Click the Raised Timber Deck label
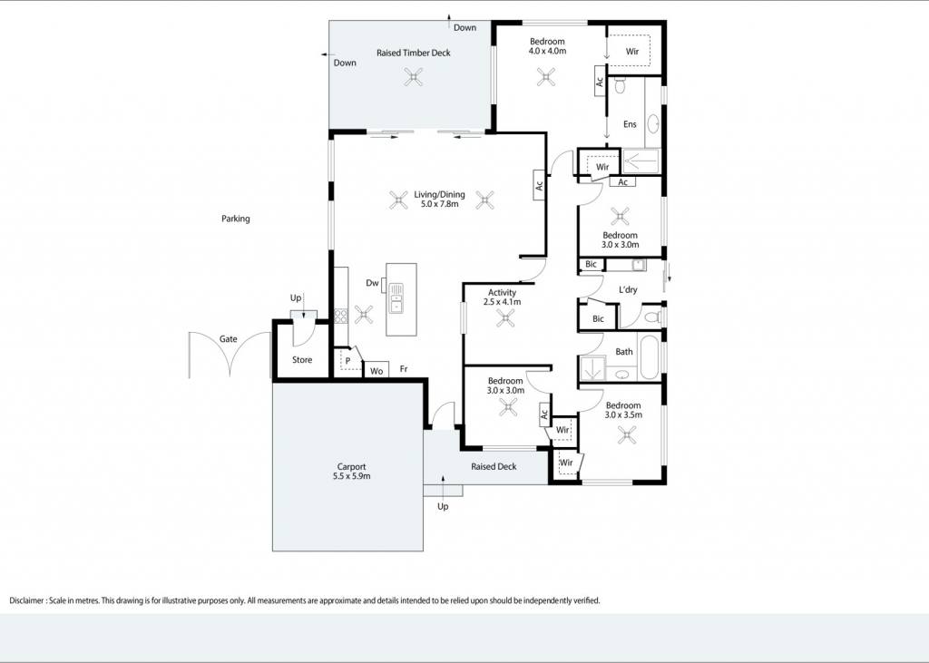coord(414,53)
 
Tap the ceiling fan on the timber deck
coord(414,77)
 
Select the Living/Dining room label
coord(439,194)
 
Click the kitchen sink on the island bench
coord(396,298)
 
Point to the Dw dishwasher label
coord(372,283)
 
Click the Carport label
coord(351,466)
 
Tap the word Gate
coord(228,339)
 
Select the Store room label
coord(302,360)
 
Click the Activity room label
coord(502,292)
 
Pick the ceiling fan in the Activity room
coord(505,318)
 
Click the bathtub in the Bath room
coord(650,358)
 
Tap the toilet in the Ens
coord(620,86)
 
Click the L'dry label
coord(628,289)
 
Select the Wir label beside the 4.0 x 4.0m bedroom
coord(632,52)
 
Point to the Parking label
coord(236,219)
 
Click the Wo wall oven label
coord(376,371)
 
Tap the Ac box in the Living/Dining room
coord(539,185)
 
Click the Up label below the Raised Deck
coord(443,507)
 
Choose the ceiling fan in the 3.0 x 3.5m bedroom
coord(627,436)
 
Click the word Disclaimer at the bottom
coord(26,600)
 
